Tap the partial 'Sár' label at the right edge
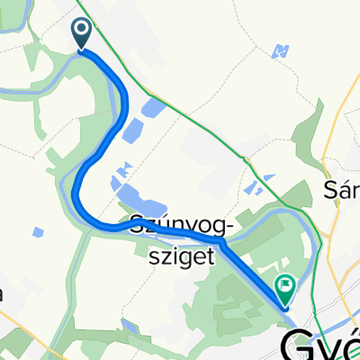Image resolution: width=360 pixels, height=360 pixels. point(341,191)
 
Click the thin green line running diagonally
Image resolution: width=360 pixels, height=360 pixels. point(207,126)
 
